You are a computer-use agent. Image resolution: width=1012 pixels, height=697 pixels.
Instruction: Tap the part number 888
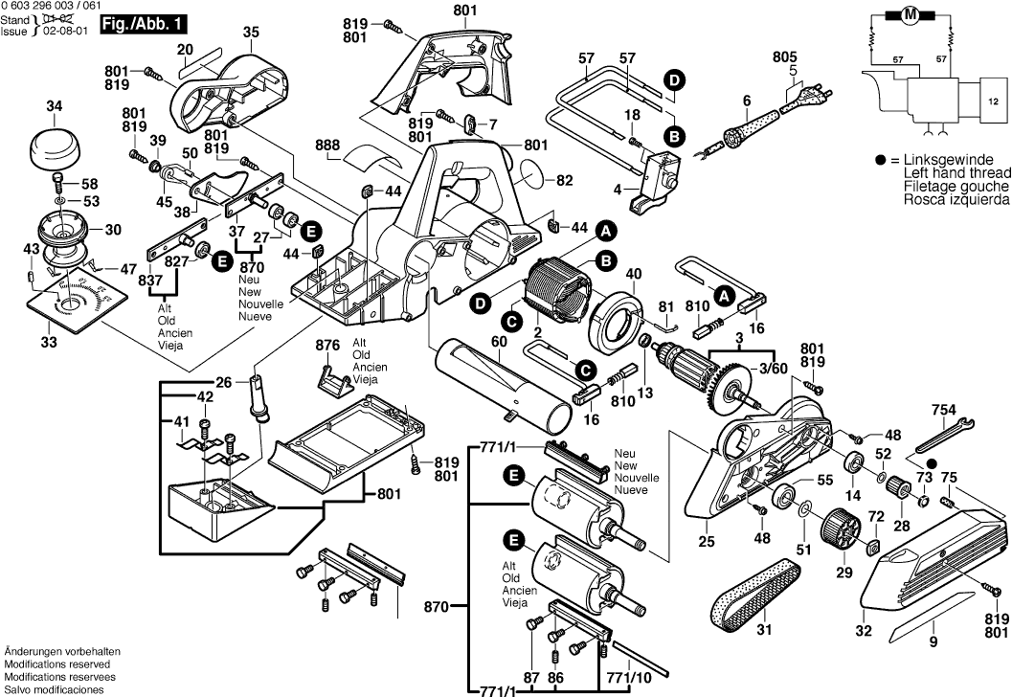click(x=327, y=146)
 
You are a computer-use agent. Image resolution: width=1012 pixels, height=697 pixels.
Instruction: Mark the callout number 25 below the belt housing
click(x=707, y=542)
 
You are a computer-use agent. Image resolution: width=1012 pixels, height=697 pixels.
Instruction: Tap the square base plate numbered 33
click(x=73, y=305)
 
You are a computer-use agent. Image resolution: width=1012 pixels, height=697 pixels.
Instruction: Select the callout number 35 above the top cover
click(x=251, y=33)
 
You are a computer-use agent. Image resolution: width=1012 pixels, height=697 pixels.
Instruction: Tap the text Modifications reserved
click(x=56, y=663)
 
